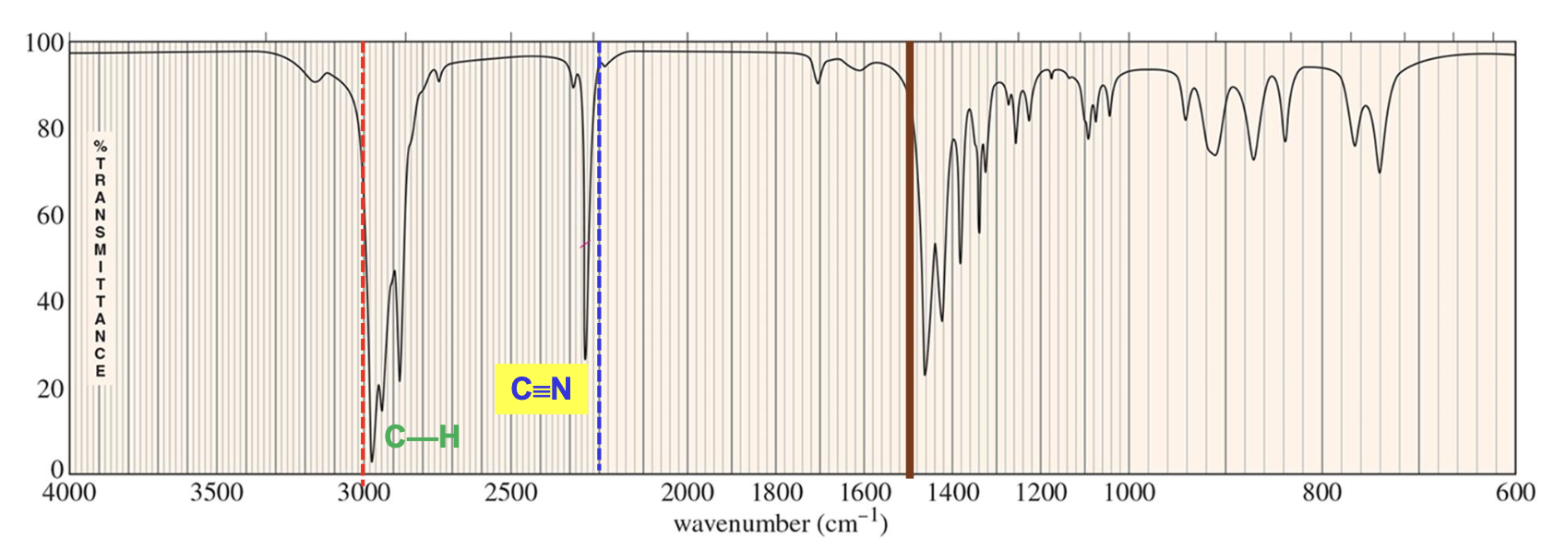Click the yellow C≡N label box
541,389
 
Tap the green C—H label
422,437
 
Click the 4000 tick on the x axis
69,493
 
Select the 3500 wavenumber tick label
216,493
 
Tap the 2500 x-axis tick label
510,493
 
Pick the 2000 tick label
687,493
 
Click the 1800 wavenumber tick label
777,493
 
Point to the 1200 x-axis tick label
1041,493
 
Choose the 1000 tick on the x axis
1129,493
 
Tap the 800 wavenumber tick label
1322,493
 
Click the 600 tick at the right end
1514,493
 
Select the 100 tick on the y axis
44,44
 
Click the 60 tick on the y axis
51,216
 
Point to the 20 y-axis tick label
51,389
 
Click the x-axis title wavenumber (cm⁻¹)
780,523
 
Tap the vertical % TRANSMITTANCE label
101,258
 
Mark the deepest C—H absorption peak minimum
372,460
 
